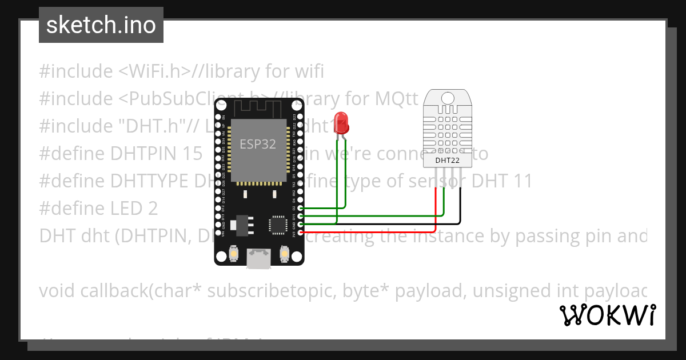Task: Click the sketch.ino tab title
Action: click(x=101, y=25)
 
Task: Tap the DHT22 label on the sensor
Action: click(x=447, y=161)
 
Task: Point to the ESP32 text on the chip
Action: click(x=257, y=144)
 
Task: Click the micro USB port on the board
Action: click(x=258, y=258)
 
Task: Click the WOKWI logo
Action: click(x=607, y=315)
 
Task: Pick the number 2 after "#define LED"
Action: click(x=152, y=209)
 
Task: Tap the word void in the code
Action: click(x=57, y=291)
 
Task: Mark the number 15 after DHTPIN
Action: click(x=193, y=154)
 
